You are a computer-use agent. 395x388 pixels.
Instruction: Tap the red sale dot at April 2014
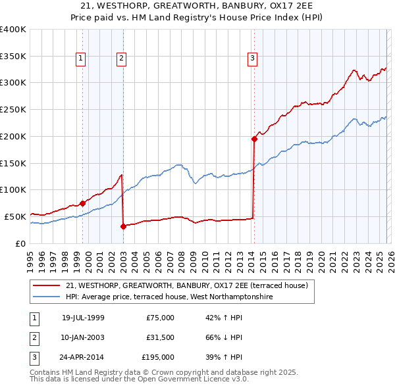coord(254,139)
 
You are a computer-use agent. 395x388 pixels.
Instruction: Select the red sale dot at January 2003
coord(123,226)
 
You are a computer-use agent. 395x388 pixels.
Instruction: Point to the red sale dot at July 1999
coord(82,203)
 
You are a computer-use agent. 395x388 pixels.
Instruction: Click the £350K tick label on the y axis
coord(13,57)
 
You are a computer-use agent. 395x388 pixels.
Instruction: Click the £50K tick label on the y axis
coord(15,216)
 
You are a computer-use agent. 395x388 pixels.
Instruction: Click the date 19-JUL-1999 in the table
coord(83,317)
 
